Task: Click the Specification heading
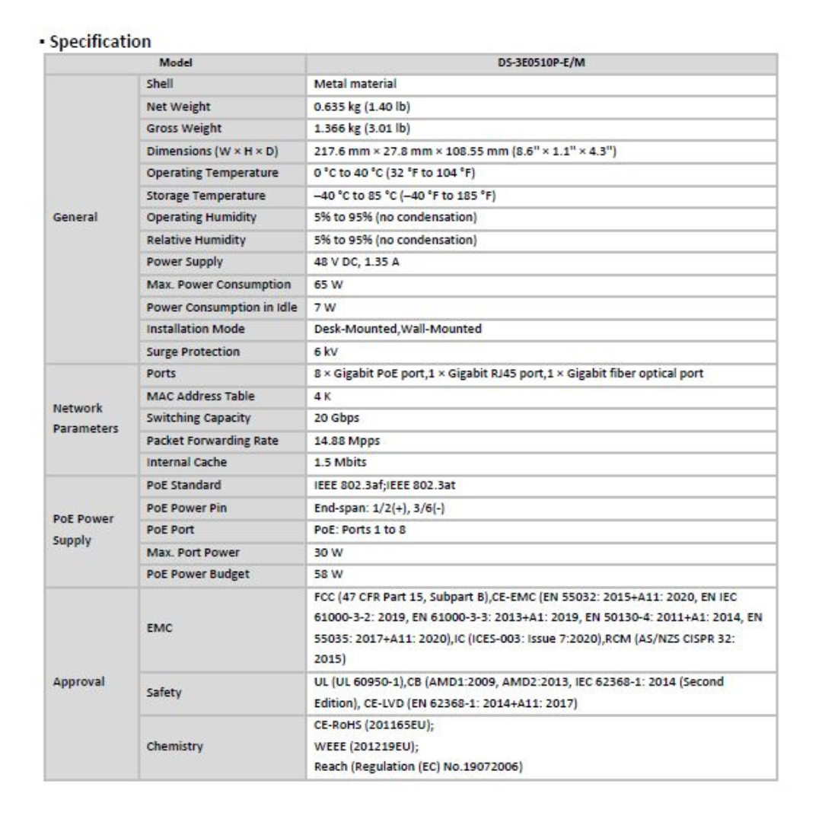100,42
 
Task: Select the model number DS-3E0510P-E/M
541,63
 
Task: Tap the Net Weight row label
178,107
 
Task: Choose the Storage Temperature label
205,196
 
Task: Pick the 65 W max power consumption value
326,285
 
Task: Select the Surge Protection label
193,352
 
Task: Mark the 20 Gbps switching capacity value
338,418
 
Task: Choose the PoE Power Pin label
186,507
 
